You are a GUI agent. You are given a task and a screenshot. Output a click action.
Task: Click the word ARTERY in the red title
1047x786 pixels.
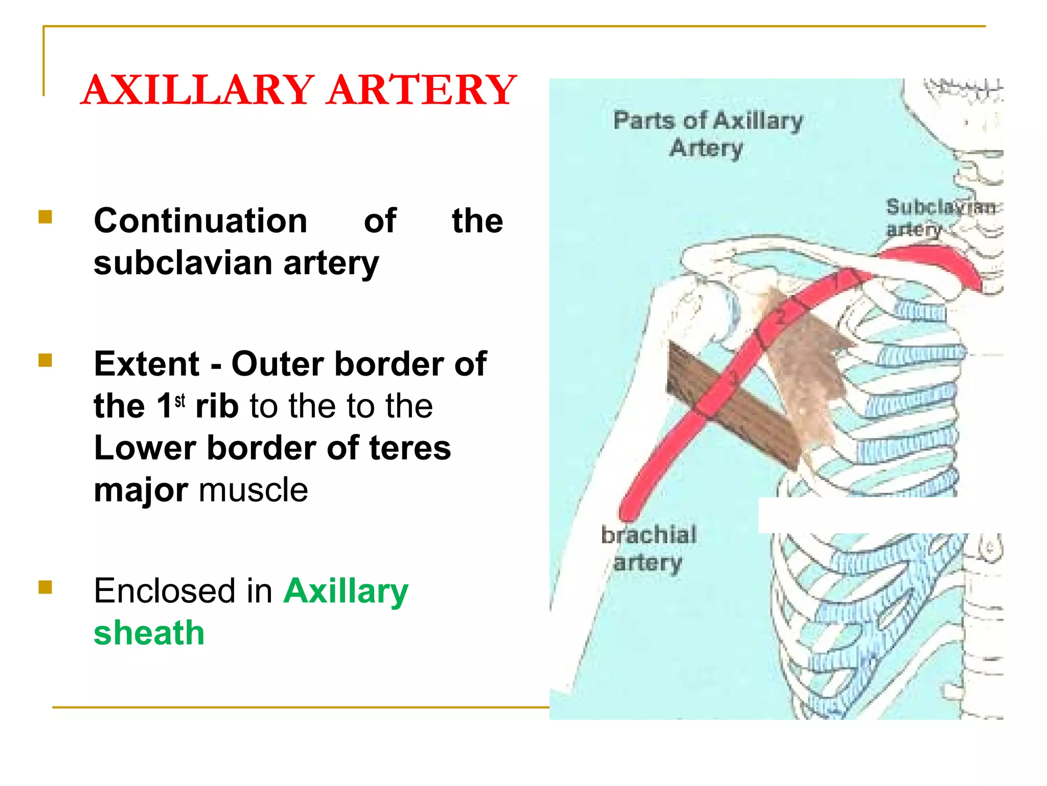pos(422,90)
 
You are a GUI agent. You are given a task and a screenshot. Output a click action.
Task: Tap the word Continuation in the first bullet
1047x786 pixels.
pos(201,221)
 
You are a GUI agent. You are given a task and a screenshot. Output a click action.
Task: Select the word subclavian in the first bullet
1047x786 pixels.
pos(183,263)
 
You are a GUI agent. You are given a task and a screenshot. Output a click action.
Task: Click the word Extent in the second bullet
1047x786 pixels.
pos(147,364)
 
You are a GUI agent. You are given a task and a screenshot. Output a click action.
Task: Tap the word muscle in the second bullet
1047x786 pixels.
pos(254,490)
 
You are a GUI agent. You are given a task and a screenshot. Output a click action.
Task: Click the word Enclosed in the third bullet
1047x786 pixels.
pos(183,591)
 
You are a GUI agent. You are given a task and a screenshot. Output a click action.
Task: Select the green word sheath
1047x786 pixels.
pos(149,633)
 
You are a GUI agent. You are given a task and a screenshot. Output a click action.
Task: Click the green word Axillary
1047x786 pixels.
pos(346,591)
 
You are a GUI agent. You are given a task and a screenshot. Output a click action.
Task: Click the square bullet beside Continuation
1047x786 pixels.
pos(45,217)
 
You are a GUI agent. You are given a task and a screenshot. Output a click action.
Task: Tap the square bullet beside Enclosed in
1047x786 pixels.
pos(45,586)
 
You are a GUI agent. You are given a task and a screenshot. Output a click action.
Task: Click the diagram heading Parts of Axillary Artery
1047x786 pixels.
pos(708,134)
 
